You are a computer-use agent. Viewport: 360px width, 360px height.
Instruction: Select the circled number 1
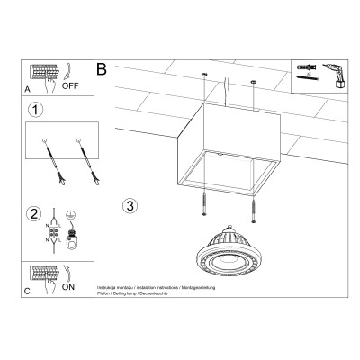[x=35, y=112]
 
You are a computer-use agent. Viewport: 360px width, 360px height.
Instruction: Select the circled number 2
[x=33, y=214]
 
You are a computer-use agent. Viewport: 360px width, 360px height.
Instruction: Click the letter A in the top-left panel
[x=27, y=90]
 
